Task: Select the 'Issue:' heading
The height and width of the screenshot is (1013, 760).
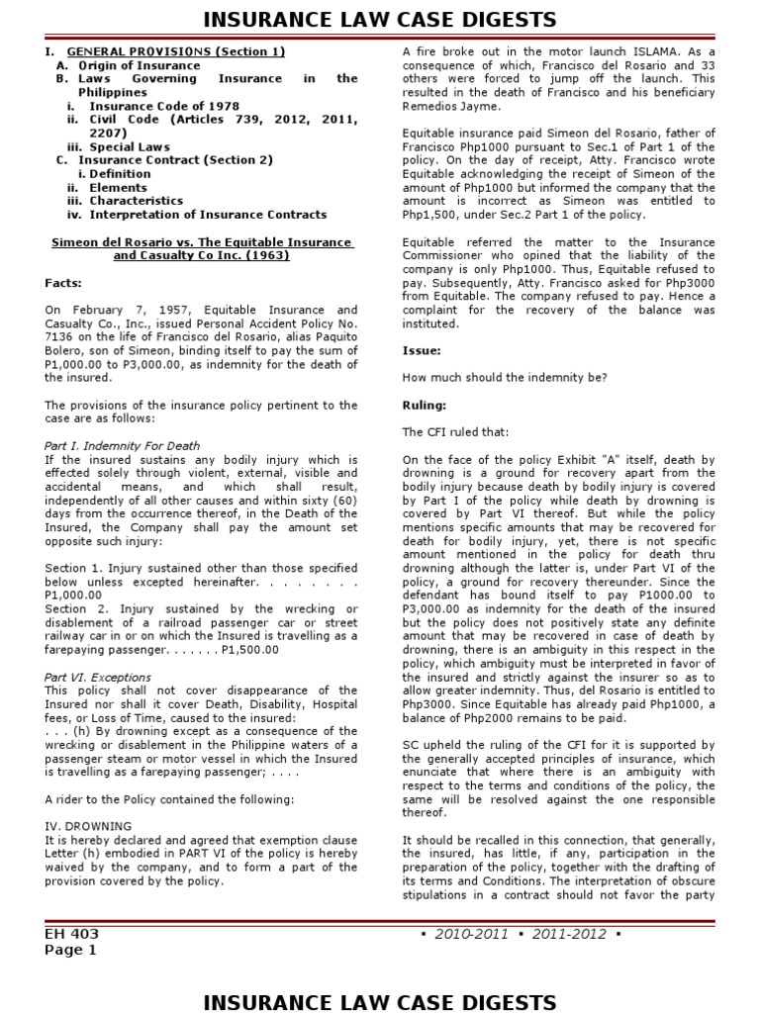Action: tap(422, 350)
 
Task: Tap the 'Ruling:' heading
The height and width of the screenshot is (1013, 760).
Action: tap(425, 405)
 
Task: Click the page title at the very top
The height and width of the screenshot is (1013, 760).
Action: tap(380, 19)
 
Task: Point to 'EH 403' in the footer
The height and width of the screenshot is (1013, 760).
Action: tap(71, 933)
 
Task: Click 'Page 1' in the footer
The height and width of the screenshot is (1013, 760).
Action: tap(71, 951)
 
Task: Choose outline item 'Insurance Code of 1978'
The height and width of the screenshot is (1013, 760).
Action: tap(164, 106)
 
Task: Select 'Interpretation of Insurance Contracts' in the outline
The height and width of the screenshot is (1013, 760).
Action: tap(208, 215)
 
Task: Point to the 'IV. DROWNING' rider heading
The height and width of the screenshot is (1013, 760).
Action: tap(88, 825)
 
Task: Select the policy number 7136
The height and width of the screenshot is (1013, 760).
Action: tap(61, 336)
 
